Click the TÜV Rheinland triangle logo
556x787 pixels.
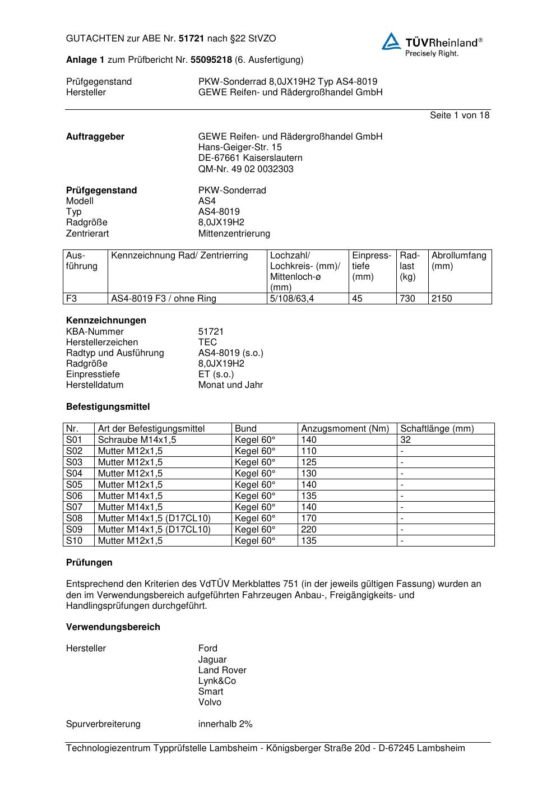coord(391,41)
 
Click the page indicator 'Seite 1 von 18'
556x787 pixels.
coord(460,115)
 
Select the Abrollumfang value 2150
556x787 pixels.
coord(442,299)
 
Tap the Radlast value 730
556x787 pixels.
coord(407,299)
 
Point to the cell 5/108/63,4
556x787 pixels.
coord(292,299)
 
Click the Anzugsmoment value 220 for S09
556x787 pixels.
coord(309,530)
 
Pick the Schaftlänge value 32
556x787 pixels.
coord(405,440)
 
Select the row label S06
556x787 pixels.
coord(74,496)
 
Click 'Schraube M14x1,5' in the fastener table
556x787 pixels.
coord(137,440)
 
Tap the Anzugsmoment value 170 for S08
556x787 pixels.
coord(309,519)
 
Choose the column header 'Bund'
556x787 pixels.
coord(245,429)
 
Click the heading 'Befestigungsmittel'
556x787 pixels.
coord(108,407)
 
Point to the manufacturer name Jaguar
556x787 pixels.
coord(212,660)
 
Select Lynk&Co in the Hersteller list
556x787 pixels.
coord(217,681)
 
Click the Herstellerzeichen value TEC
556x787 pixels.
coord(207,342)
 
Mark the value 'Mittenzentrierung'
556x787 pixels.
coord(234,234)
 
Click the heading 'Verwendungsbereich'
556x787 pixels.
coord(113,627)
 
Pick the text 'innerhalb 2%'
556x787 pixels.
coord(225,724)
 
